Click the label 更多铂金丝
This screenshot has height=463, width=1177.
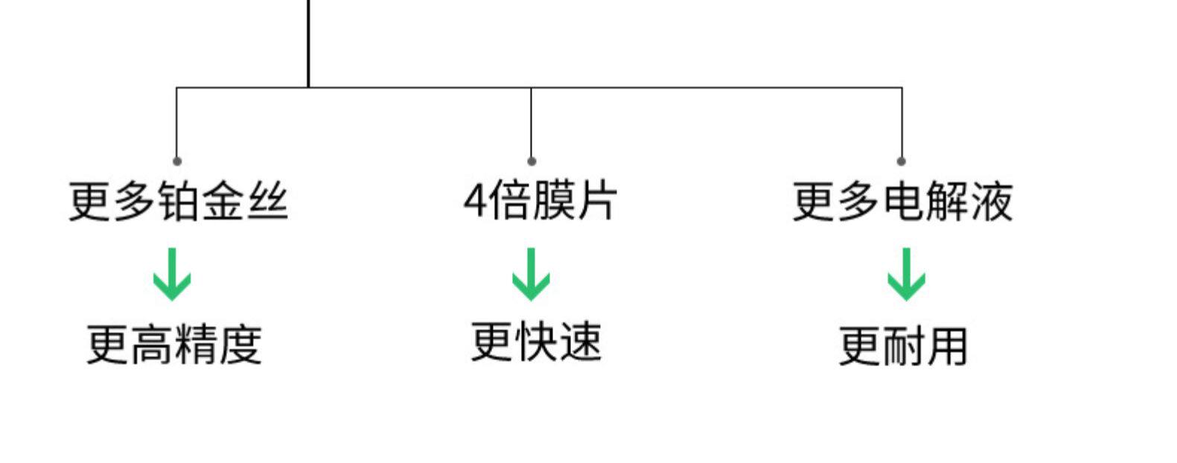pos(178,201)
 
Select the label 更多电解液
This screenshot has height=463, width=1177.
pos(902,201)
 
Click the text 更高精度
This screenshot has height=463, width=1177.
pos(174,344)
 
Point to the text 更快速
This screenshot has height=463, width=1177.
pos(536,342)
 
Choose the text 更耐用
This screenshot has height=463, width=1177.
pos(903,346)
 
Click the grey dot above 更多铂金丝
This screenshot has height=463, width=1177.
pos(176,161)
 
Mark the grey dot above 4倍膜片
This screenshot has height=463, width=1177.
pos(531,161)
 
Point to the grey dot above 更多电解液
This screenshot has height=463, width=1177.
pos(902,161)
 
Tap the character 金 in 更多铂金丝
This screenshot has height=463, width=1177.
pos(223,201)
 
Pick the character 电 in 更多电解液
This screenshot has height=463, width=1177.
pos(903,201)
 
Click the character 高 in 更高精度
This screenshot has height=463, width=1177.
pos(153,345)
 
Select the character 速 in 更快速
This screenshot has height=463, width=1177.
pos(579,342)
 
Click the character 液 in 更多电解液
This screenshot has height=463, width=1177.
pos(991,201)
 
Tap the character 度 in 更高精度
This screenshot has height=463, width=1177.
pos(240,345)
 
